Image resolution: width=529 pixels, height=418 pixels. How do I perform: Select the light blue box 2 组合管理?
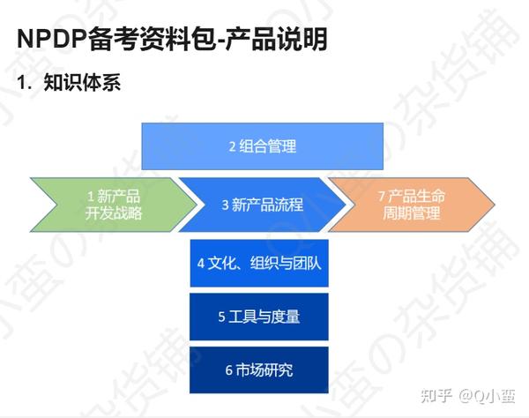[x=263, y=146]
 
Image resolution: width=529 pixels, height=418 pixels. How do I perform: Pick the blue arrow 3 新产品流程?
[x=263, y=205]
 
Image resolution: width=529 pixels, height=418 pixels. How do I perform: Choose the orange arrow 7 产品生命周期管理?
[x=409, y=205]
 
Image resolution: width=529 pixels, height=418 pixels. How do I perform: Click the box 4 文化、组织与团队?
[x=259, y=263]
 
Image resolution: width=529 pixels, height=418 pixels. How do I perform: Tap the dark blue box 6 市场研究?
[x=259, y=370]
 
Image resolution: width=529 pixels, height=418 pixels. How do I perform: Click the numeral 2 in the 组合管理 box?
[x=233, y=146]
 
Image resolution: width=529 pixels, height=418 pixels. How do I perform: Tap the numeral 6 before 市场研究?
[x=229, y=370]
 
